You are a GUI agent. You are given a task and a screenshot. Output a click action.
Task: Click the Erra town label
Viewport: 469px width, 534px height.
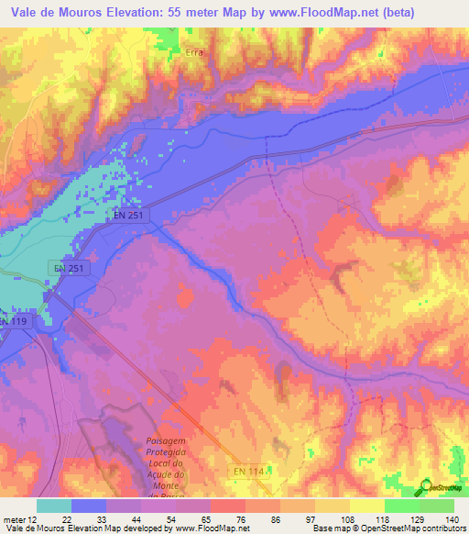[x=193, y=52]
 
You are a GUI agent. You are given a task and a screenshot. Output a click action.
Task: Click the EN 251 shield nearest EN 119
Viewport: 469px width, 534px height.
[x=68, y=268]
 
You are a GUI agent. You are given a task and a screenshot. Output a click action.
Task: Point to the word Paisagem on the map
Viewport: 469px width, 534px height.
[x=166, y=441]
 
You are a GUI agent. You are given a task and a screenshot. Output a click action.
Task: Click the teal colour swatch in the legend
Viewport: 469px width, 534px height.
[x=54, y=506]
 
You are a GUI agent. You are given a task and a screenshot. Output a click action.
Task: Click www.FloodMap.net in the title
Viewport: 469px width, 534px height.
[x=309, y=13]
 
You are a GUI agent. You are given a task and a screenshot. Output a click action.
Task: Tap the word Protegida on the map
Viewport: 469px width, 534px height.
[x=166, y=452]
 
